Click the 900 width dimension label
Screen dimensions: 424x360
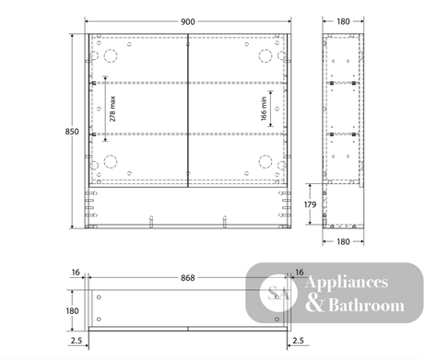188,22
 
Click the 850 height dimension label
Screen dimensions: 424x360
72,132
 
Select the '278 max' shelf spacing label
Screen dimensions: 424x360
112,109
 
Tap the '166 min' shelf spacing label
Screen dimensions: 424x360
264,109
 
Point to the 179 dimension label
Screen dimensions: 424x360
310,204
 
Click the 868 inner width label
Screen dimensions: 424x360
188,278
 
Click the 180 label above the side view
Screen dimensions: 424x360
343,22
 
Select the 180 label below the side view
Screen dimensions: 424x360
343,242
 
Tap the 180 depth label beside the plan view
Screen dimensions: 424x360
72,311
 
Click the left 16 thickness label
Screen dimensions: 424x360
76,273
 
